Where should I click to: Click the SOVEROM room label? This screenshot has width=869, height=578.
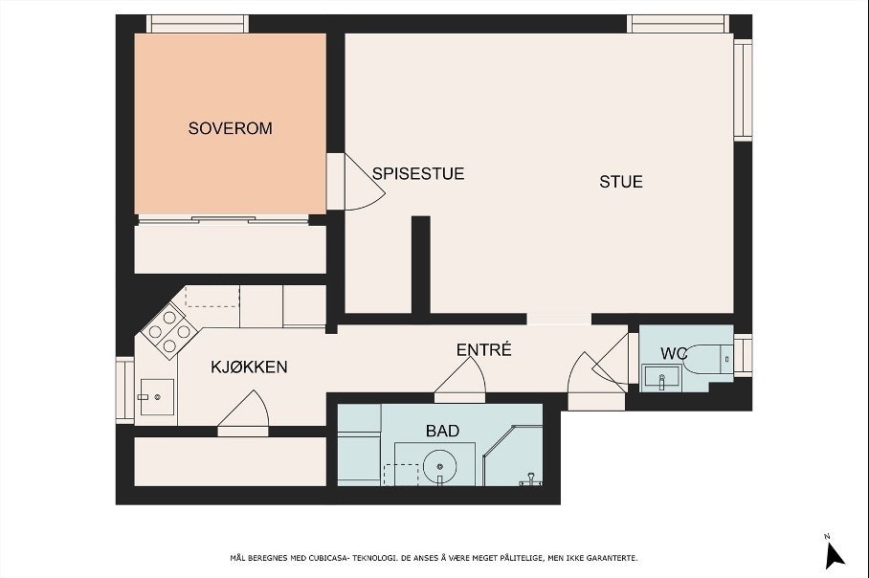pos(230,127)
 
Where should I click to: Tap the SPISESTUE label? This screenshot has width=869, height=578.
pos(418,173)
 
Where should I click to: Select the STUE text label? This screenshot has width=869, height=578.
pos(621,181)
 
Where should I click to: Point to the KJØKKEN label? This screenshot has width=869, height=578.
pos(249,367)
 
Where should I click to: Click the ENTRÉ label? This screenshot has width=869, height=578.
pos(483,350)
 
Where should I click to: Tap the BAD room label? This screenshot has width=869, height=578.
pos(442,431)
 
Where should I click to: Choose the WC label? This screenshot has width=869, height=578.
pos(674,354)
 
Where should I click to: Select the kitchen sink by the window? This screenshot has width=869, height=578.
pos(156,395)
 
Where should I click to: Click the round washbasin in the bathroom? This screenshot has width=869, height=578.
pos(440,471)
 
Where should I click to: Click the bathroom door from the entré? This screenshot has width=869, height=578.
pos(460,386)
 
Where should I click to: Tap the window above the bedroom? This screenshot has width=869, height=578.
pos(197,23)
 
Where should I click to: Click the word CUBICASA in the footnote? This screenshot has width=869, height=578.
pos(345,558)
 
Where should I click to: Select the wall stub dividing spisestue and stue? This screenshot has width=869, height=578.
pos(420,265)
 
